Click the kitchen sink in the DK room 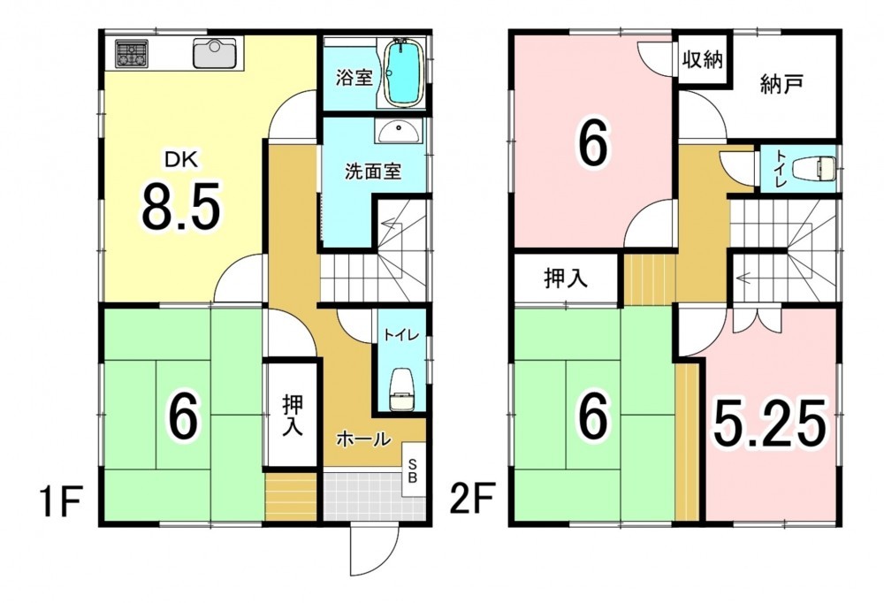216,53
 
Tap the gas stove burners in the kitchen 132,54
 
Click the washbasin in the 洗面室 399,132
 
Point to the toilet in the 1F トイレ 402,390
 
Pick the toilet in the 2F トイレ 814,168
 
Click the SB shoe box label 413,471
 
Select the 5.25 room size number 770,423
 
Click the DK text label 181,160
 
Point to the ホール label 363,439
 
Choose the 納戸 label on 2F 781,85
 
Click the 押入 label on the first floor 293,416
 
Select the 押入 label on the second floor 566,279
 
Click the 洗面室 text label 373,172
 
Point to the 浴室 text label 354,78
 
